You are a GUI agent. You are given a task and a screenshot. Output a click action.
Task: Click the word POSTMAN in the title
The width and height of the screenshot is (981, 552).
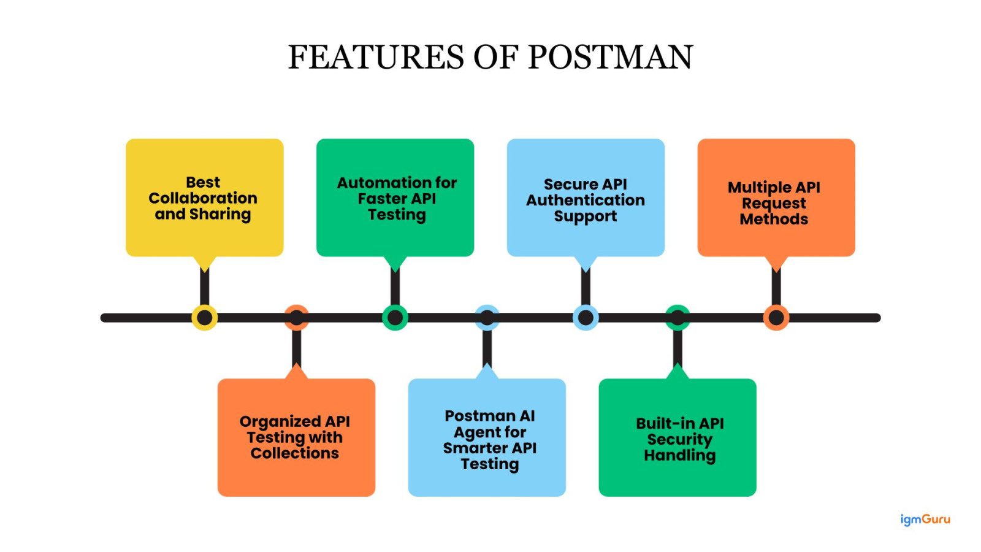610,57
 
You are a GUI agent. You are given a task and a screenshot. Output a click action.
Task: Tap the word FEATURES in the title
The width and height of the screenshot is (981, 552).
377,57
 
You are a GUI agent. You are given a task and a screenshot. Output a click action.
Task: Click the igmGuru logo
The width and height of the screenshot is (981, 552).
925,519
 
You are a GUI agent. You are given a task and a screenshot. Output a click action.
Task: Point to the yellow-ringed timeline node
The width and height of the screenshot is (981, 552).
204,318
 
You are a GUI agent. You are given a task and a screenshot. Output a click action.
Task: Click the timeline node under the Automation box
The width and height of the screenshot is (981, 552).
395,318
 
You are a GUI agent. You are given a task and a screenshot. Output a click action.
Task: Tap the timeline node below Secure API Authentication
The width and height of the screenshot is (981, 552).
586,318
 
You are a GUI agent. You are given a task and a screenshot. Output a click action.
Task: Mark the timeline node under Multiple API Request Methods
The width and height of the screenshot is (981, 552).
776,318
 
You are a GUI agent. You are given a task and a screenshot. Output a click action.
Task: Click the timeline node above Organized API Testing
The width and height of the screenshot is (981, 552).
296,318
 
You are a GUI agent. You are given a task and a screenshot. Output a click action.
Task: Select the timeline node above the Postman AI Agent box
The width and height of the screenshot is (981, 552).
487,318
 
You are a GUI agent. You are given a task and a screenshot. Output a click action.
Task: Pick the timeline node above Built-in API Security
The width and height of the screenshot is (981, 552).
678,318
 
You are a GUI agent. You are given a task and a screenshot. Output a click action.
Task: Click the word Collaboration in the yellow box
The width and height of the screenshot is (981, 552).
203,198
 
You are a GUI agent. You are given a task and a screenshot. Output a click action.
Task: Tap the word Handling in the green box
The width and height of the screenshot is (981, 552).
679,456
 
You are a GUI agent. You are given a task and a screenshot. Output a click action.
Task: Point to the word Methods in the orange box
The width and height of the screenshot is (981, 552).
774,219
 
